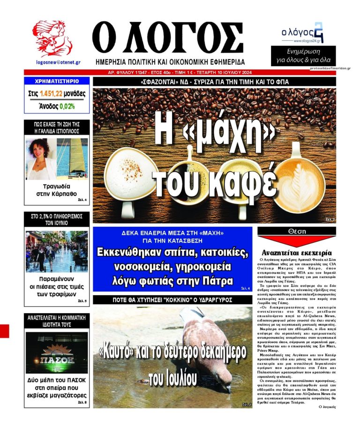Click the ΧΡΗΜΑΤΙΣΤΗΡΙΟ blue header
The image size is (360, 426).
pos(56,81)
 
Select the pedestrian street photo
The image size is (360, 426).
pos(56,252)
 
